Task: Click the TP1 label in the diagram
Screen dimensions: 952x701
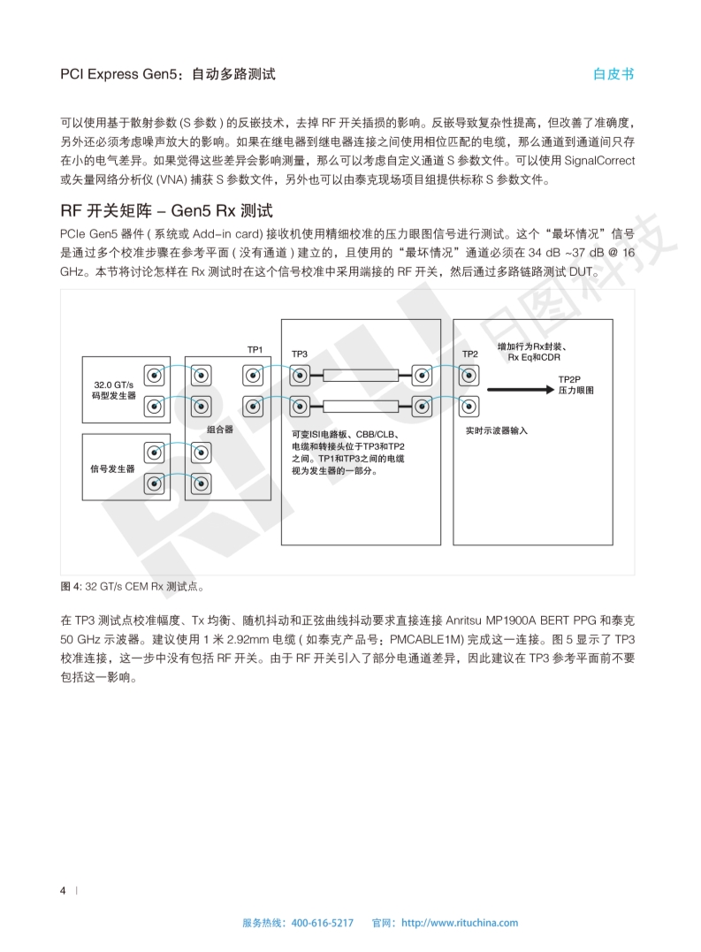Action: click(255, 350)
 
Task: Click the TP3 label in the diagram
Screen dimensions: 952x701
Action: click(299, 354)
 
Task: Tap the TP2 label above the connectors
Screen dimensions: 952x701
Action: click(469, 354)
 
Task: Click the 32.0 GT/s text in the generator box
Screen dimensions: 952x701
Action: click(114, 385)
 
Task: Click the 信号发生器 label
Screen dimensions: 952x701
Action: click(112, 468)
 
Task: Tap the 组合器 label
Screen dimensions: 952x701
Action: click(219, 429)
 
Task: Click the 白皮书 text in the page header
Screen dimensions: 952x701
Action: click(613, 74)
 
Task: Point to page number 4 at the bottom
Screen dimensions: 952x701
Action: click(63, 890)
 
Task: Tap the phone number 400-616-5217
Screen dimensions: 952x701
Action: click(322, 923)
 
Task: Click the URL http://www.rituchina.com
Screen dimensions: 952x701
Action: click(460, 923)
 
